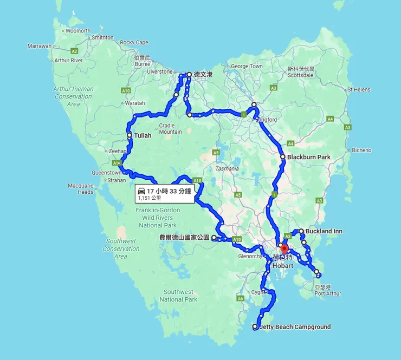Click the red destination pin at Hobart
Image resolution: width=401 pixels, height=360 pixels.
[x=283, y=251]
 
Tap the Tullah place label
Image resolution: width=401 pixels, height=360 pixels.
[x=143, y=135]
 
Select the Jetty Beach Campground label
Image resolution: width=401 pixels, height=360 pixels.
[x=295, y=327]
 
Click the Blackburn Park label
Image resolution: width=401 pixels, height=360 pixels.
[x=308, y=157]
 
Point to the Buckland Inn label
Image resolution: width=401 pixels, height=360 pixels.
[x=324, y=231]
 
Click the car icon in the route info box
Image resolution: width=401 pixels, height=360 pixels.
[x=141, y=191]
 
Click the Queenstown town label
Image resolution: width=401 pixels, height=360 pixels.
[x=106, y=173]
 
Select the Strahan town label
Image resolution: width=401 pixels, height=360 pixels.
[x=116, y=180]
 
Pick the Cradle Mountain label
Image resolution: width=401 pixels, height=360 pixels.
[x=170, y=128]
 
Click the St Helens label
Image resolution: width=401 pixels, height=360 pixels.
[x=358, y=89]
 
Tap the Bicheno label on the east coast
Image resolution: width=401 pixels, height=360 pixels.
[x=361, y=150]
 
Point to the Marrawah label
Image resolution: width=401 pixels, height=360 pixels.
[x=39, y=46]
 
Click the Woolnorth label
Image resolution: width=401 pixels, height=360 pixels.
[x=78, y=31]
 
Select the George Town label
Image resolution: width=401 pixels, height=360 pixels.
[x=247, y=67]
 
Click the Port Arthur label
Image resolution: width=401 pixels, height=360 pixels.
[x=328, y=293]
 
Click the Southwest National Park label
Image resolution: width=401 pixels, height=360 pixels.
[x=179, y=296]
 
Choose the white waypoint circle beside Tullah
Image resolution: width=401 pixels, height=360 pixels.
[x=129, y=135]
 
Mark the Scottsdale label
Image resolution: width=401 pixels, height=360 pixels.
[x=301, y=75]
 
